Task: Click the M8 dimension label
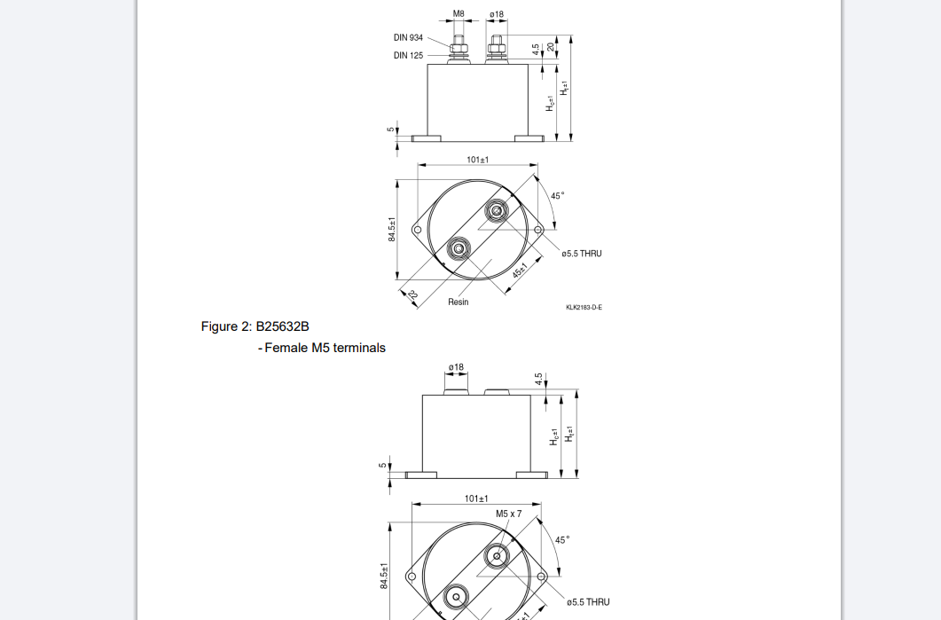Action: [459, 14]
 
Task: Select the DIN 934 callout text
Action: [408, 38]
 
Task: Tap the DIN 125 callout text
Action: [408, 55]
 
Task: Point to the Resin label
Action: [458, 302]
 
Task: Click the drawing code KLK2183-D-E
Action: [584, 308]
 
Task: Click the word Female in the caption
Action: [286, 348]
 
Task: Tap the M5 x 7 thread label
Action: [508, 514]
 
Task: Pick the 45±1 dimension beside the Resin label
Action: [520, 271]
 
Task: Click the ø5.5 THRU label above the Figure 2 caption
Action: [581, 254]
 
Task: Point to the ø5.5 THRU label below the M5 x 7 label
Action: [588, 602]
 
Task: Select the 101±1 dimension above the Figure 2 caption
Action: [477, 160]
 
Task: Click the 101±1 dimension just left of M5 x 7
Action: [476, 498]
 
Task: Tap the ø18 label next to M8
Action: [497, 14]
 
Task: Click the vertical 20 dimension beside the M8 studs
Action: [550, 48]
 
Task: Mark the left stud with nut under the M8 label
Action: [459, 49]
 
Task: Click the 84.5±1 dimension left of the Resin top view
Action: [391, 230]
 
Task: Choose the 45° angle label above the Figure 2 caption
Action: [557, 196]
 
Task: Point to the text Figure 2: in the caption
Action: [226, 326]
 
